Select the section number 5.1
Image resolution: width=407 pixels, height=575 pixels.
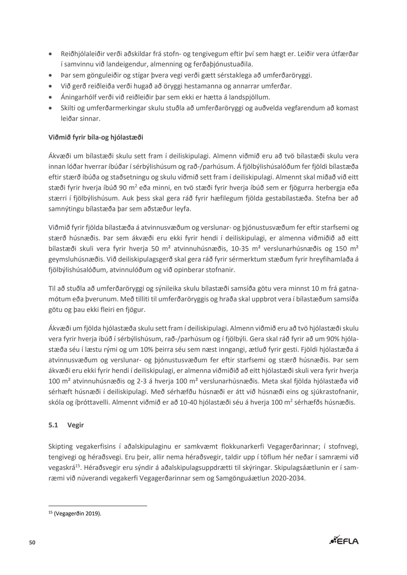click(x=53, y=425)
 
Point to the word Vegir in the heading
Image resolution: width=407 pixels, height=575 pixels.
click(x=76, y=425)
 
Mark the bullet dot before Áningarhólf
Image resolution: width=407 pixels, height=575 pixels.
click(x=50, y=97)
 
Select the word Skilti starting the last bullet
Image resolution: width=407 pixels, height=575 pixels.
click(x=69, y=108)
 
